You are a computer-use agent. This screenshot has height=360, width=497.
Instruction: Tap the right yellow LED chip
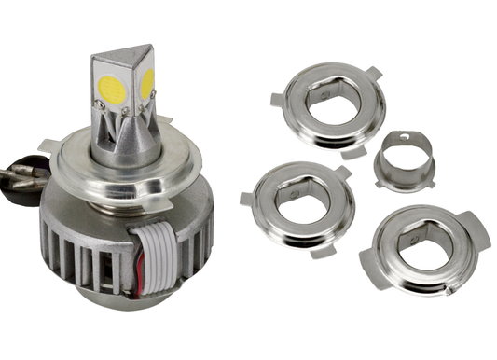point(147,84)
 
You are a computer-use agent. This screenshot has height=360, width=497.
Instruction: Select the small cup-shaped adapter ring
point(405,162)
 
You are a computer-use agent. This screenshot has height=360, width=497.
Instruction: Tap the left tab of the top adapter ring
point(278,99)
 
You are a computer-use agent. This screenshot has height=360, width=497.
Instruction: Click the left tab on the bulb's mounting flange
point(48,145)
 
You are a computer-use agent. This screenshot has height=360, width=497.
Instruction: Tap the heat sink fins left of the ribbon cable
point(84,252)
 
